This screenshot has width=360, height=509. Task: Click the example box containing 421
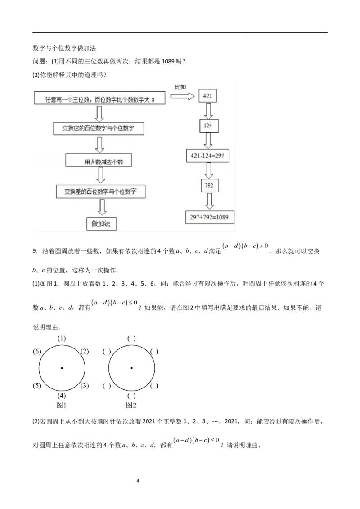click(207, 96)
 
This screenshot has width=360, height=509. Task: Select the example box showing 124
click(207, 125)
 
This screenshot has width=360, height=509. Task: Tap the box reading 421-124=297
click(207, 156)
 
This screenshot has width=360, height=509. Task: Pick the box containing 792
click(208, 186)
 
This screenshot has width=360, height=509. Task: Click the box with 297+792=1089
click(209, 217)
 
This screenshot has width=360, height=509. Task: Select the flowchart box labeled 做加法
click(101, 223)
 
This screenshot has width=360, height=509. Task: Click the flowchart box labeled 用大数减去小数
click(101, 161)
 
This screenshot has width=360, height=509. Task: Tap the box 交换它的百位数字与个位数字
click(99, 129)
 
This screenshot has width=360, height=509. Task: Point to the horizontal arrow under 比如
click(183, 96)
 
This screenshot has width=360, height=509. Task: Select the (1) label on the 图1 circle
click(62, 338)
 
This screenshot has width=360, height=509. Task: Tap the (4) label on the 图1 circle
click(62, 396)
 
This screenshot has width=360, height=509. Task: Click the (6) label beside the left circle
click(38, 352)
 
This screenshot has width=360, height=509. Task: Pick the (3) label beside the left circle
click(85, 385)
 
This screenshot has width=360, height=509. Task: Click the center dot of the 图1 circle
click(62, 368)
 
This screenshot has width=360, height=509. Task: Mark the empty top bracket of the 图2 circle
click(131, 338)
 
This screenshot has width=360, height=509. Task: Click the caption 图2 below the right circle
click(131, 406)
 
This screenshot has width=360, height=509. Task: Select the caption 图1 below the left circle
click(61, 406)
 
